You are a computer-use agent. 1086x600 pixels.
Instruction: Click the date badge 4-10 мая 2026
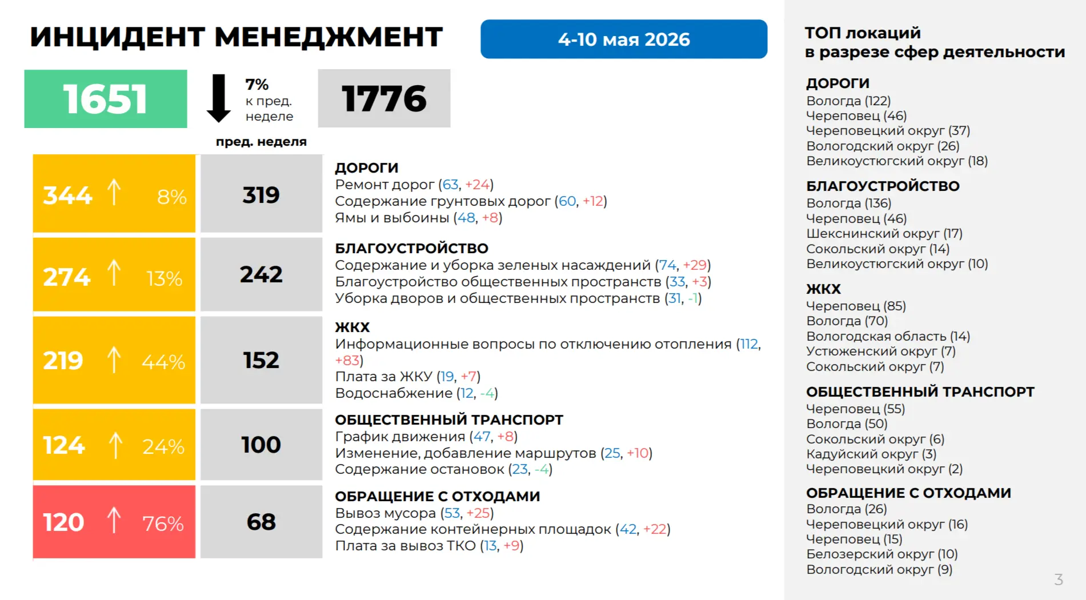click(624, 39)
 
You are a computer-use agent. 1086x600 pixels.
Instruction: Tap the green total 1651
click(106, 99)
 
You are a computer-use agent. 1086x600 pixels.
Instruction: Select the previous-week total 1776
click(384, 98)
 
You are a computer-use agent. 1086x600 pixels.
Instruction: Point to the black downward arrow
click(218, 98)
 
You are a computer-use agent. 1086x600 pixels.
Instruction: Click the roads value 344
click(67, 195)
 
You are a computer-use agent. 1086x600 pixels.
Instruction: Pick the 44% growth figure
click(163, 362)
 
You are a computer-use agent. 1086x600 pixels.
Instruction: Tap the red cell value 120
click(63, 522)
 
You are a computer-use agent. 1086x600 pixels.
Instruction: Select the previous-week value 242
click(261, 274)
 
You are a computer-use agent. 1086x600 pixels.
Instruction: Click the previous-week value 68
click(261, 522)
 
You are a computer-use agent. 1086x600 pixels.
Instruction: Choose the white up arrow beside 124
click(115, 445)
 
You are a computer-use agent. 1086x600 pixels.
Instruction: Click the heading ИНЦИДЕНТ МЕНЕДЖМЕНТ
click(236, 37)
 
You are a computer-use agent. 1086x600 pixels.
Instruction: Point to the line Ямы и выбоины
click(419, 218)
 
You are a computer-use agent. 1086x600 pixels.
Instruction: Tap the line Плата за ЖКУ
click(408, 377)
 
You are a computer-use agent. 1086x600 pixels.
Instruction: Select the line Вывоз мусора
click(415, 513)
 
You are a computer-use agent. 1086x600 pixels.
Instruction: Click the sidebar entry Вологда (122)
click(848, 101)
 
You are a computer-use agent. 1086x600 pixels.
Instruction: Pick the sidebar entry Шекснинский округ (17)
click(884, 234)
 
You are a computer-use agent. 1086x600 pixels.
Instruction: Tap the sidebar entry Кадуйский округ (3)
click(871, 454)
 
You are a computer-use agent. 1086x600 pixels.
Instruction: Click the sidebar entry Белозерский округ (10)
click(882, 554)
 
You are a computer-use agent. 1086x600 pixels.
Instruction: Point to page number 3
click(1059, 579)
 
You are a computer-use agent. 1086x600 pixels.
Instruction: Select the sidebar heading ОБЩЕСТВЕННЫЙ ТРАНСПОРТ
click(920, 392)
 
